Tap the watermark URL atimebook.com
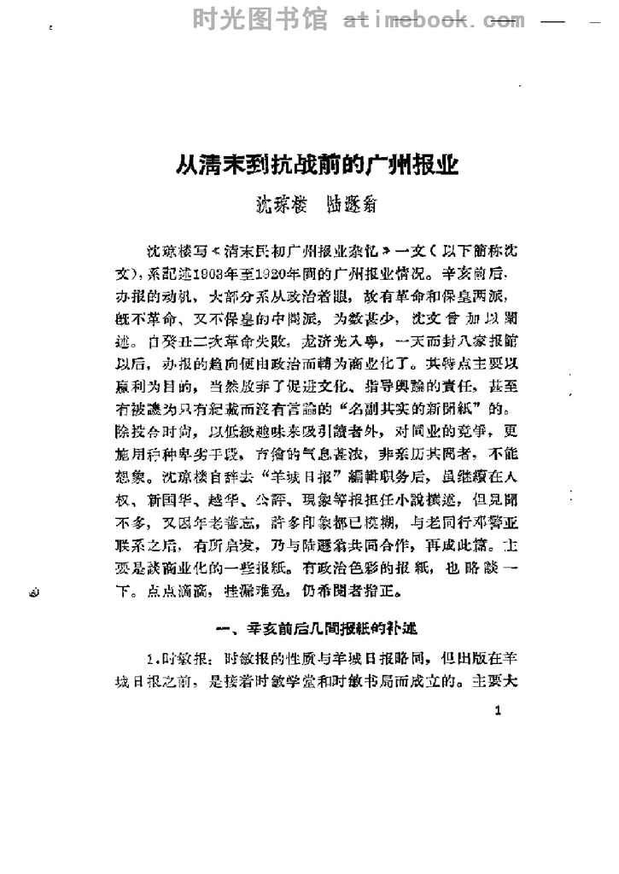tap(434, 17)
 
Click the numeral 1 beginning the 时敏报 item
tap(149, 658)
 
